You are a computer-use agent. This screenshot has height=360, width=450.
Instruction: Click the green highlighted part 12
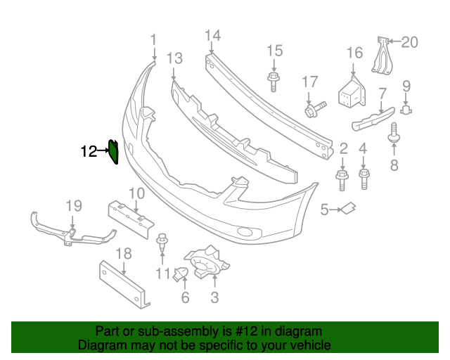tap(112, 151)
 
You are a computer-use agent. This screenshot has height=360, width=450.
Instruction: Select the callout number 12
tap(88, 151)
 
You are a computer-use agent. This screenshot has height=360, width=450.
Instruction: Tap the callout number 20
tap(409, 42)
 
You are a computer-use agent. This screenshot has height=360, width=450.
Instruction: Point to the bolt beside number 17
tap(314, 108)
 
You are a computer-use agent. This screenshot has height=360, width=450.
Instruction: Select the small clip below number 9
tap(406, 109)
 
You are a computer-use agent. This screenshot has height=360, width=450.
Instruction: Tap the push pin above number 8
tap(394, 134)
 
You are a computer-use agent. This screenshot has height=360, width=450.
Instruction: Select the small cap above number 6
tap(180, 273)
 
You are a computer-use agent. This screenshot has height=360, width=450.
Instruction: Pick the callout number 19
tap(75, 205)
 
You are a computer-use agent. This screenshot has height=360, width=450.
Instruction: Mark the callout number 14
tap(212, 35)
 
